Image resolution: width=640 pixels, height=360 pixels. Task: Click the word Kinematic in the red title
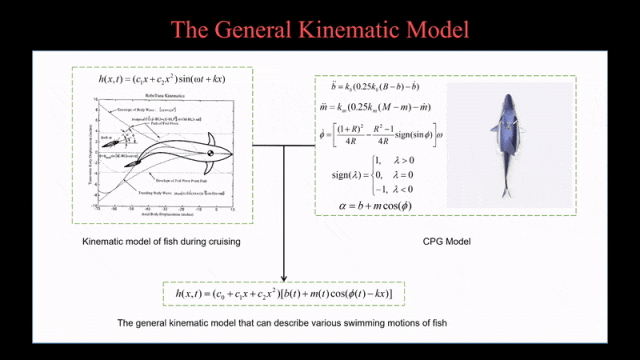[x=339, y=28]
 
